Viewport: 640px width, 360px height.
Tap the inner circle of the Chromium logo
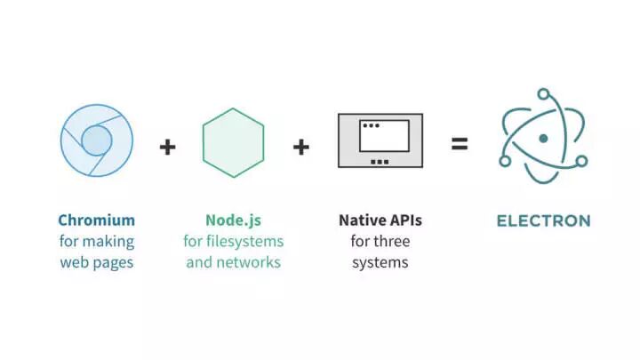(x=97, y=140)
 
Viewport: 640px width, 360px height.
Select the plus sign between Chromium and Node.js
(x=167, y=146)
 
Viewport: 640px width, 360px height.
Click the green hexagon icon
(x=233, y=143)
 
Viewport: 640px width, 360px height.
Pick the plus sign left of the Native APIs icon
(x=301, y=146)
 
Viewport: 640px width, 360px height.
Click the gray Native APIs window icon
(x=380, y=140)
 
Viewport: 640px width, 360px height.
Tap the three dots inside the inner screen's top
(x=371, y=126)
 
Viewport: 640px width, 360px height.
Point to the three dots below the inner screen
(x=380, y=161)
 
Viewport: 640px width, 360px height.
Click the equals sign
(x=459, y=142)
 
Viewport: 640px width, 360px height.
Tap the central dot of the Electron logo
(x=543, y=139)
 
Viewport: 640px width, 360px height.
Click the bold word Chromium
(x=97, y=220)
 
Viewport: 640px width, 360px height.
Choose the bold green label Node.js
(x=233, y=220)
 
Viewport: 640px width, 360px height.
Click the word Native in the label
(x=360, y=220)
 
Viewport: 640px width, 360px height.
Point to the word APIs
(x=404, y=220)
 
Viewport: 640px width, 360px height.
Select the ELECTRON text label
(x=543, y=220)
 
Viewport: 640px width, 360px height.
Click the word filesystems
(x=245, y=241)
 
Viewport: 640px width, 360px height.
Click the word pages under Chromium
(x=115, y=263)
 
